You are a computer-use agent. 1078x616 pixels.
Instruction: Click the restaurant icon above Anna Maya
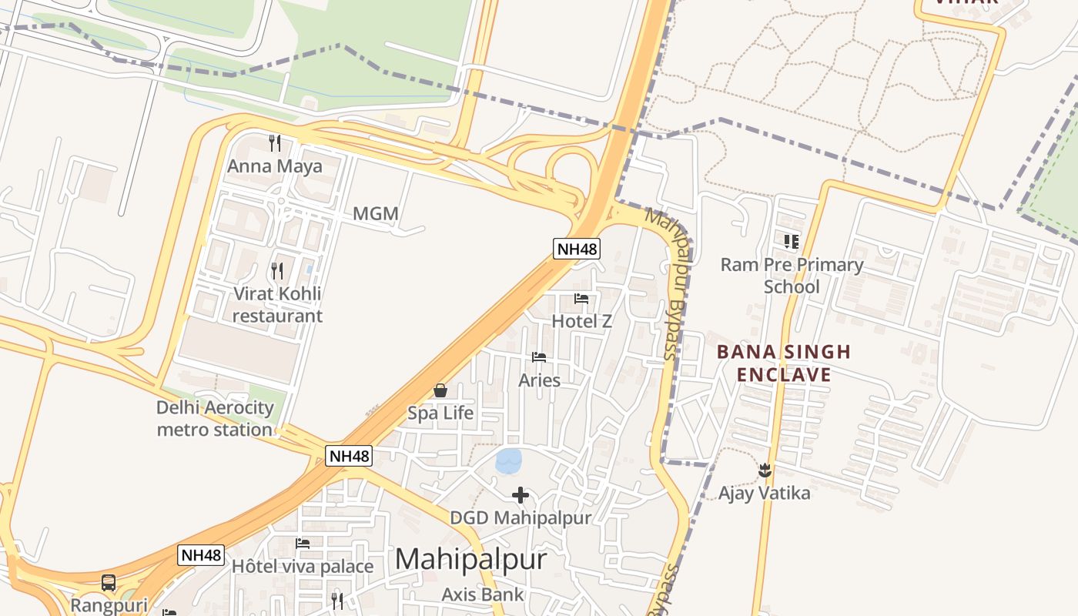click(x=274, y=142)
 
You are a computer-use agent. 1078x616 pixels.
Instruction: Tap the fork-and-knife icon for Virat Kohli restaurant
click(x=277, y=270)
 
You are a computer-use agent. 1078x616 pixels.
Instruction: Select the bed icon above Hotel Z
click(x=581, y=299)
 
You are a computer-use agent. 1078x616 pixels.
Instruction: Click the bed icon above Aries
click(x=539, y=357)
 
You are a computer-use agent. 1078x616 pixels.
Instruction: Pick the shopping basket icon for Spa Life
click(x=440, y=390)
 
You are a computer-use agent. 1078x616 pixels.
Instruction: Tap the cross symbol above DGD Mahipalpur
click(x=521, y=495)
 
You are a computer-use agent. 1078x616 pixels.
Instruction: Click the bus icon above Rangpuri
click(x=109, y=583)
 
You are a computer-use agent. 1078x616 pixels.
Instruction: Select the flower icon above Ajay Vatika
click(x=765, y=470)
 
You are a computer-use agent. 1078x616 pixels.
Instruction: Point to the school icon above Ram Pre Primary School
click(x=792, y=242)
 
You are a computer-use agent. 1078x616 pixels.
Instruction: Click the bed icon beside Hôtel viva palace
click(x=303, y=544)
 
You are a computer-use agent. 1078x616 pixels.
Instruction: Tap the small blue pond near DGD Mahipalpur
click(x=509, y=461)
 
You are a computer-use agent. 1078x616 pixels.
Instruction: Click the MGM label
click(x=376, y=214)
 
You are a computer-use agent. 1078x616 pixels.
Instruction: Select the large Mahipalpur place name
click(x=470, y=559)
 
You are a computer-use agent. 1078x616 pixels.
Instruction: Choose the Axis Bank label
click(x=483, y=594)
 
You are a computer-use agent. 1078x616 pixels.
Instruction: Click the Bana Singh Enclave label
click(x=784, y=363)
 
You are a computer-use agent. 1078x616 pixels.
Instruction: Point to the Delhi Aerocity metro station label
click(x=215, y=418)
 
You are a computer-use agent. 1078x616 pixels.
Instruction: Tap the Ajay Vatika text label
click(x=765, y=493)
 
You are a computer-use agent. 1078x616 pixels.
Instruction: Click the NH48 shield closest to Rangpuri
click(x=201, y=555)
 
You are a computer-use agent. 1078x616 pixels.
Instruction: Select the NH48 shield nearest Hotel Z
click(x=576, y=248)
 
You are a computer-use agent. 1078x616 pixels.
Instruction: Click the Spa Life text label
click(x=440, y=413)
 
